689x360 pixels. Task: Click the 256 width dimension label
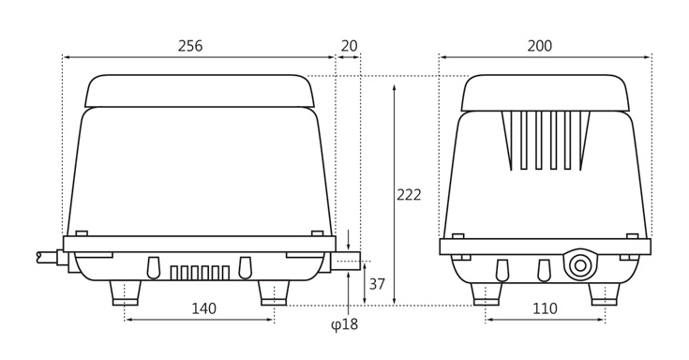(190, 46)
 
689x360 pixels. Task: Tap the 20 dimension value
(349, 46)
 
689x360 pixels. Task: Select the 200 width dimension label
(540, 46)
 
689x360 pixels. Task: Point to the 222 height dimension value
(409, 195)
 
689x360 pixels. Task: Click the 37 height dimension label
(377, 284)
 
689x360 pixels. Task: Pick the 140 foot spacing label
(203, 308)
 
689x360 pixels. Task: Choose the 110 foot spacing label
(545, 308)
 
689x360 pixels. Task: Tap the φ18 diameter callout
(345, 325)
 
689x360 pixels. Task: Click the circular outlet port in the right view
(580, 265)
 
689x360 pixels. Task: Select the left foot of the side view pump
(126, 292)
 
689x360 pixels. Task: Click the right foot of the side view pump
(274, 292)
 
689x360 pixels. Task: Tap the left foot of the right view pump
(486, 293)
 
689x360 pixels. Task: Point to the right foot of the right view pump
(605, 293)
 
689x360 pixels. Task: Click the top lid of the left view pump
(199, 91)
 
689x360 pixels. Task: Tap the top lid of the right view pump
(545, 93)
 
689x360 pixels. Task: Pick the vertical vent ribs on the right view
(545, 140)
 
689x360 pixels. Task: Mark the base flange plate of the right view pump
(545, 247)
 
